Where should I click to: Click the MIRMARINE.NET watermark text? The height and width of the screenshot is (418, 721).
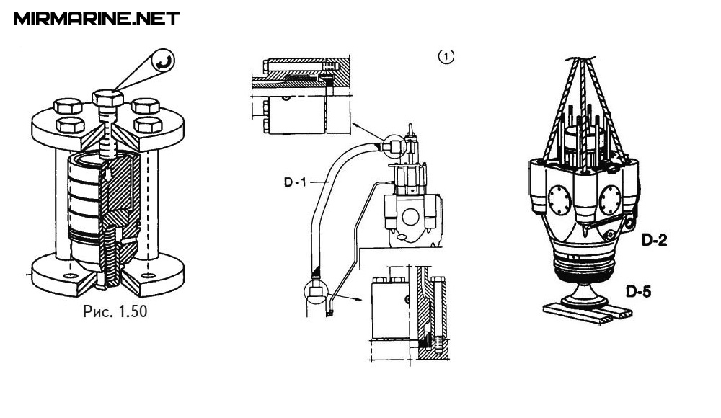click(97, 19)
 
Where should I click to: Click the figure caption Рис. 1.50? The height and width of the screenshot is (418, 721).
click(115, 311)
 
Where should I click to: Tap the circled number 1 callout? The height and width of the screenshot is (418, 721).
click(446, 56)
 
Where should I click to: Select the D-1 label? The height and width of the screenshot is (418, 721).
click(295, 182)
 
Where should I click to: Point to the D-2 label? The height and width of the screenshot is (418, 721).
click(654, 239)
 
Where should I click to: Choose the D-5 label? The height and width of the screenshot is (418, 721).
click(638, 291)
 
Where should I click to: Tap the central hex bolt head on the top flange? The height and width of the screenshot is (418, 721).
click(108, 98)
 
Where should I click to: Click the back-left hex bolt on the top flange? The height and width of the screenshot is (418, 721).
click(68, 106)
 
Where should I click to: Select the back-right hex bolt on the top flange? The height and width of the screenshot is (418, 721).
click(146, 106)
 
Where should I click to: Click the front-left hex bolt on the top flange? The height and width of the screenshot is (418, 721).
click(70, 125)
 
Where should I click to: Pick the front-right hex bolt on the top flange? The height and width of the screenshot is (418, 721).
click(148, 125)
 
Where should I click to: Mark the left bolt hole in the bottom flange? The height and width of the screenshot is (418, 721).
click(71, 275)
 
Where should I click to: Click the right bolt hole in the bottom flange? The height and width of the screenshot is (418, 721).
click(148, 275)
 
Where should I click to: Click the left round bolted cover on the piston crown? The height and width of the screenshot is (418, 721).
click(559, 200)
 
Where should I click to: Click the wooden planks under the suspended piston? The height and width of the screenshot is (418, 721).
click(588, 313)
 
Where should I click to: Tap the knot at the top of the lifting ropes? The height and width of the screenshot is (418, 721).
click(580, 60)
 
